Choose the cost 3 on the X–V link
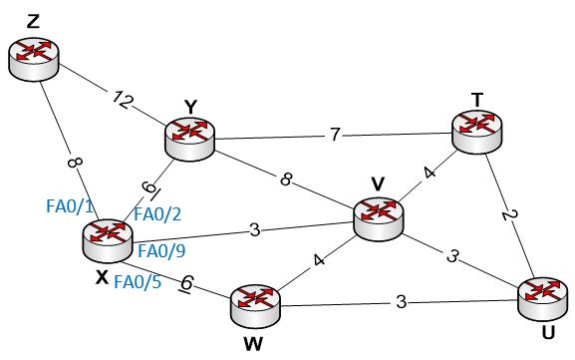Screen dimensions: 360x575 point(255,231)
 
